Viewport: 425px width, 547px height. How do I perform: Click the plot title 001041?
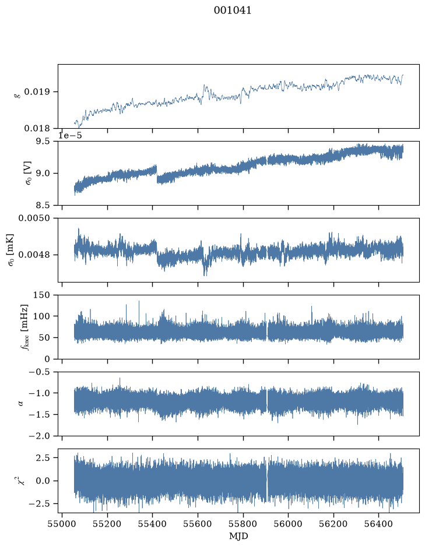[232, 10]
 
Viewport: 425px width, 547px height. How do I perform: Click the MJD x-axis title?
[238, 536]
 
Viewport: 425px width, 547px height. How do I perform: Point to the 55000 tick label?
[62, 524]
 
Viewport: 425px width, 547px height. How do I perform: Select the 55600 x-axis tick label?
[198, 524]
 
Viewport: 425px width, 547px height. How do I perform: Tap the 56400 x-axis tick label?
[379, 524]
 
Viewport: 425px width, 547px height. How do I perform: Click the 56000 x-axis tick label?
[289, 524]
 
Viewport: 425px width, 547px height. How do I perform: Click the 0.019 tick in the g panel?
[37, 91]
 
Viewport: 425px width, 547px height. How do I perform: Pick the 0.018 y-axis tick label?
[37, 128]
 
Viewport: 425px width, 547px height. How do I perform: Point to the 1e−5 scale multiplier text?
[70, 135]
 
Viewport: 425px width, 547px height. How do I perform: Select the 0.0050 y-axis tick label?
[34, 218]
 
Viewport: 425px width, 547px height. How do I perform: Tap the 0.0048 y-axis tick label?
[34, 255]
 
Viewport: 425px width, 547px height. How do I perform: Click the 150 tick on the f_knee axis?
[41, 295]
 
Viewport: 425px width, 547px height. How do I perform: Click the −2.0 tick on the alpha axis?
[39, 436]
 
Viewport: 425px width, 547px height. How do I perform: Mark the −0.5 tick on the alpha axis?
[39, 372]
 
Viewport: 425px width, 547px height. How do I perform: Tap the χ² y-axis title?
[22, 481]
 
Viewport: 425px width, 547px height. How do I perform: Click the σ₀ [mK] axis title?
[10, 250]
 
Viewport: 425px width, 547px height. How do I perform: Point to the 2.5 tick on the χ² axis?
[42, 457]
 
